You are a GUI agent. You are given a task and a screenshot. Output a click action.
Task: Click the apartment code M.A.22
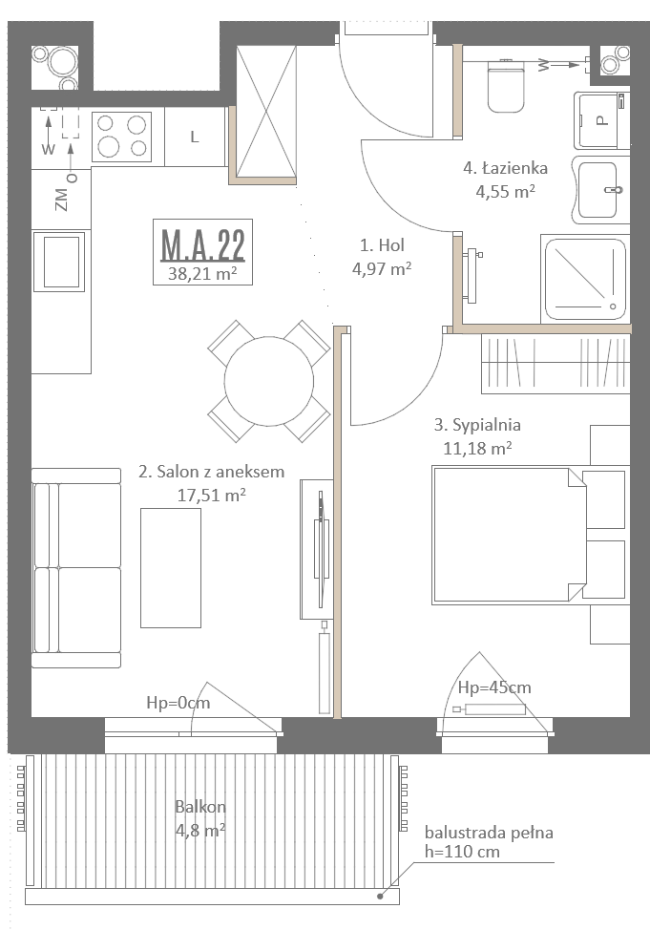pyautogui.click(x=203, y=245)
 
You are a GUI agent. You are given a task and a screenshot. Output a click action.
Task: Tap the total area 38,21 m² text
pyautogui.click(x=203, y=273)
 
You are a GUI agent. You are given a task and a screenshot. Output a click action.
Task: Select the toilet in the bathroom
pyautogui.click(x=506, y=87)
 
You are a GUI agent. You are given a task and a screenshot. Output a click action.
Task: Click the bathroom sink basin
pyautogui.click(x=598, y=190)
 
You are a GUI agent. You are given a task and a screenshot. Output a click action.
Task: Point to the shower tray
pyautogui.click(x=585, y=279)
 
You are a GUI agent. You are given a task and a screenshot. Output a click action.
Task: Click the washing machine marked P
pyautogui.click(x=601, y=120)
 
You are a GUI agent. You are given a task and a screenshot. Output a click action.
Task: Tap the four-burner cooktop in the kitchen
pyautogui.click(x=121, y=137)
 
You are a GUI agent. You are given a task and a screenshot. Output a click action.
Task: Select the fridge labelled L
pyautogui.click(x=195, y=137)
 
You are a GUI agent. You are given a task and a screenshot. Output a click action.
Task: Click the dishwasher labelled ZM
pyautogui.click(x=61, y=200)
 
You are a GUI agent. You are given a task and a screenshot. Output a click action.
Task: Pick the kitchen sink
pyautogui.click(x=59, y=262)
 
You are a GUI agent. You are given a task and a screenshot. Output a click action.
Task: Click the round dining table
pyautogui.click(x=269, y=381)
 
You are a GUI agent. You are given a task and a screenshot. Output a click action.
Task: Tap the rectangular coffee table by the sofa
pyautogui.click(x=171, y=567)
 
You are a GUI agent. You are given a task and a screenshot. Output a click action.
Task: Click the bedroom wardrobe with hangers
pyautogui.click(x=556, y=364)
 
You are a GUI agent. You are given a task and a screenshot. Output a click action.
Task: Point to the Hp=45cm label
pyautogui.click(x=494, y=687)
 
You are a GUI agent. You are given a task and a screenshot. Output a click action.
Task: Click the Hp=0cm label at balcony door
pyautogui.click(x=178, y=703)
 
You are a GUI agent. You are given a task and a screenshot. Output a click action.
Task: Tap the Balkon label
pyautogui.click(x=200, y=807)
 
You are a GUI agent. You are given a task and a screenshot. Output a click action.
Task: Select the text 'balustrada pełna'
pyautogui.click(x=489, y=833)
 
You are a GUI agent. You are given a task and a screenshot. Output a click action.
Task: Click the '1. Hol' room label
pyautogui.click(x=383, y=245)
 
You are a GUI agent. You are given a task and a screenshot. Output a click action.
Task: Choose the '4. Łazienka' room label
pyautogui.click(x=505, y=168)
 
